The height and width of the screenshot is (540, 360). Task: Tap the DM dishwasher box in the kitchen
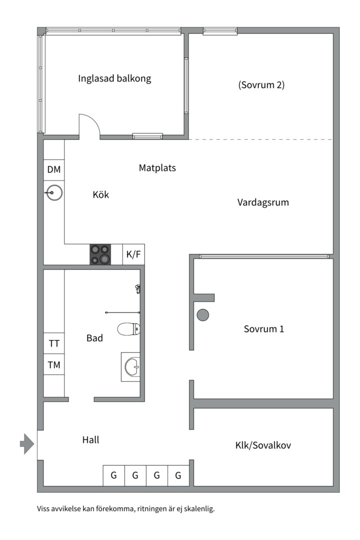(54, 169)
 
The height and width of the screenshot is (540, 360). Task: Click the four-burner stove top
(100, 254)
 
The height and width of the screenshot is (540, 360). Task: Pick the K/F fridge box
(133, 254)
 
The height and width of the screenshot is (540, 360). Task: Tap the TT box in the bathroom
(54, 343)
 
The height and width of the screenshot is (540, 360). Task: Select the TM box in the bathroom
(54, 365)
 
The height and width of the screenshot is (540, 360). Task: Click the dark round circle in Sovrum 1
(203, 315)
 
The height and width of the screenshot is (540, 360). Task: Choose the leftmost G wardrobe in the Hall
(113, 475)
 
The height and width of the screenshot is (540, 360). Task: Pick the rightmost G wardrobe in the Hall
(178, 475)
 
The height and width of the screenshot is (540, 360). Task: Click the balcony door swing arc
(90, 124)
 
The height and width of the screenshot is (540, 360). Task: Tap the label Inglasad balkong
(114, 78)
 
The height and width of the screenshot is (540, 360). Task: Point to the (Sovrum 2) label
(261, 84)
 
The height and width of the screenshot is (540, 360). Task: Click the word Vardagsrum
(263, 202)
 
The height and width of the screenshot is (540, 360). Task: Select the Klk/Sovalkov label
(263, 445)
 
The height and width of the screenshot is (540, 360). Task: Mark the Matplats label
(157, 168)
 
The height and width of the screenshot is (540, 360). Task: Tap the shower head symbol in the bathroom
(137, 288)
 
